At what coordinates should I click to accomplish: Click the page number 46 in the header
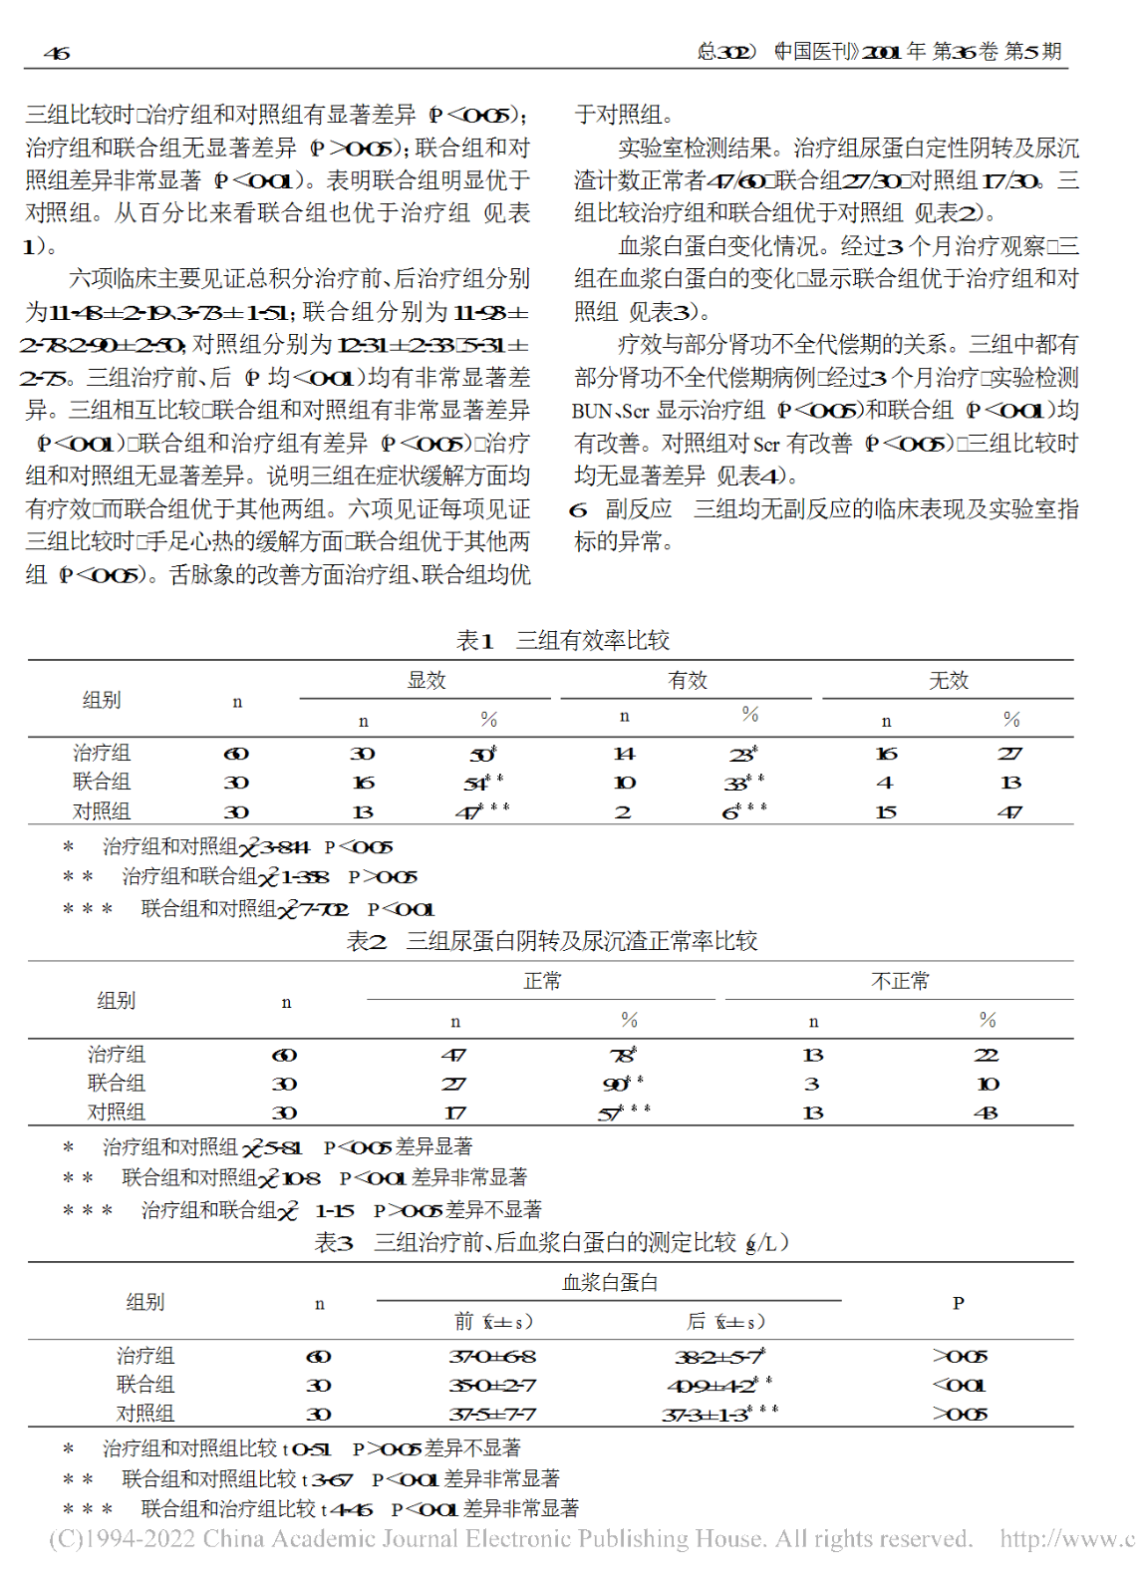pyautogui.click(x=57, y=53)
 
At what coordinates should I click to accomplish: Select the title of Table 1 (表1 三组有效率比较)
pyautogui.click(x=562, y=640)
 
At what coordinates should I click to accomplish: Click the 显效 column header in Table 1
pyautogui.click(x=426, y=680)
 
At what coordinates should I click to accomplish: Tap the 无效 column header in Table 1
pyautogui.click(x=948, y=680)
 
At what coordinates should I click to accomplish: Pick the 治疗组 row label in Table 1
pyautogui.click(x=102, y=753)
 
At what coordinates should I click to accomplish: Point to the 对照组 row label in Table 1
pyautogui.click(x=102, y=811)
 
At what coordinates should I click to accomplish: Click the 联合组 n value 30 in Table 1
pyautogui.click(x=236, y=783)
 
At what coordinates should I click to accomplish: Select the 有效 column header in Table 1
pyautogui.click(x=688, y=680)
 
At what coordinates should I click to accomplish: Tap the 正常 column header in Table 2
pyautogui.click(x=542, y=981)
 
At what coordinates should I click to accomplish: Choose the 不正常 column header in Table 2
pyautogui.click(x=900, y=981)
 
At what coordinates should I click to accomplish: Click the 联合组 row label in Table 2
pyautogui.click(x=117, y=1083)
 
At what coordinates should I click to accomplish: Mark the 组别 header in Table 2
pyautogui.click(x=117, y=1001)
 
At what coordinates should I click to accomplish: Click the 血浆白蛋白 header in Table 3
pyautogui.click(x=610, y=1282)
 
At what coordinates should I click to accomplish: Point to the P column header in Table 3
pyautogui.click(x=958, y=1303)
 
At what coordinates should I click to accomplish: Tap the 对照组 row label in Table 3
pyautogui.click(x=145, y=1413)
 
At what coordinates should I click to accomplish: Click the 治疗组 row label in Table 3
pyautogui.click(x=145, y=1355)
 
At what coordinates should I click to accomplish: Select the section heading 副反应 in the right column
pyautogui.click(x=638, y=509)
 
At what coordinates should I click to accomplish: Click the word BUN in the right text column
pyautogui.click(x=590, y=411)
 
